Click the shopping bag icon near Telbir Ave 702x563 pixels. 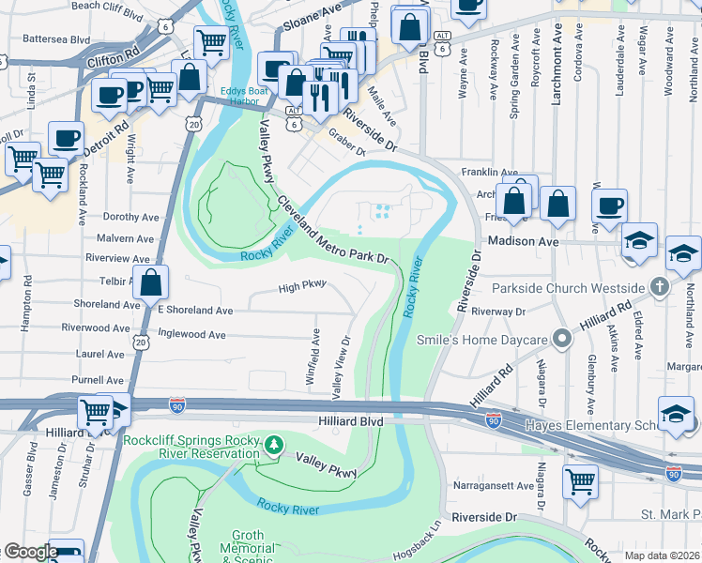(150, 281)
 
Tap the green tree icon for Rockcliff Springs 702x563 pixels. (273, 443)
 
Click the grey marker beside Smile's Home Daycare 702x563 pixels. (561, 337)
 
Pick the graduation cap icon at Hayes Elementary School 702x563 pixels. (676, 414)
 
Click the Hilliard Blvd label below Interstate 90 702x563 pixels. (350, 422)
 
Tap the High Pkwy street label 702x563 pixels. (301, 288)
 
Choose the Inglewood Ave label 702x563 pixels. (191, 333)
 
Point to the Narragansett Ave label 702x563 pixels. (494, 486)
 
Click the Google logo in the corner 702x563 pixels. (30, 552)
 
